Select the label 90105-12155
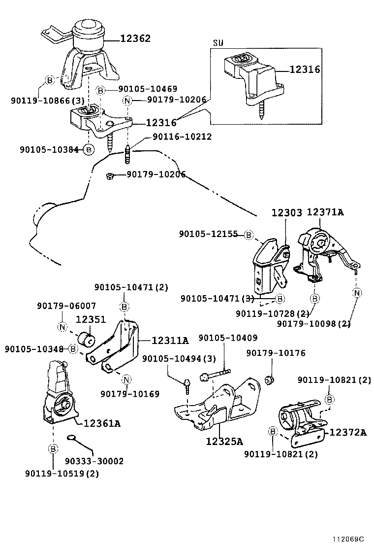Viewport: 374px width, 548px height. (209, 235)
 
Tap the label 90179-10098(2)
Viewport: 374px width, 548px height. (313, 323)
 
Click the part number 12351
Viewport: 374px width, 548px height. (91, 319)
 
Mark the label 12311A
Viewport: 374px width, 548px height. (170, 340)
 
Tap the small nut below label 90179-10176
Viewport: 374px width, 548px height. (269, 380)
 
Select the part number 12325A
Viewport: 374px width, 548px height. (225, 440)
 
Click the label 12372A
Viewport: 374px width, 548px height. (348, 432)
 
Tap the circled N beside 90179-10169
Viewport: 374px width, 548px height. (126, 379)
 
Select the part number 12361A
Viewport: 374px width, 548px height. (102, 423)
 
